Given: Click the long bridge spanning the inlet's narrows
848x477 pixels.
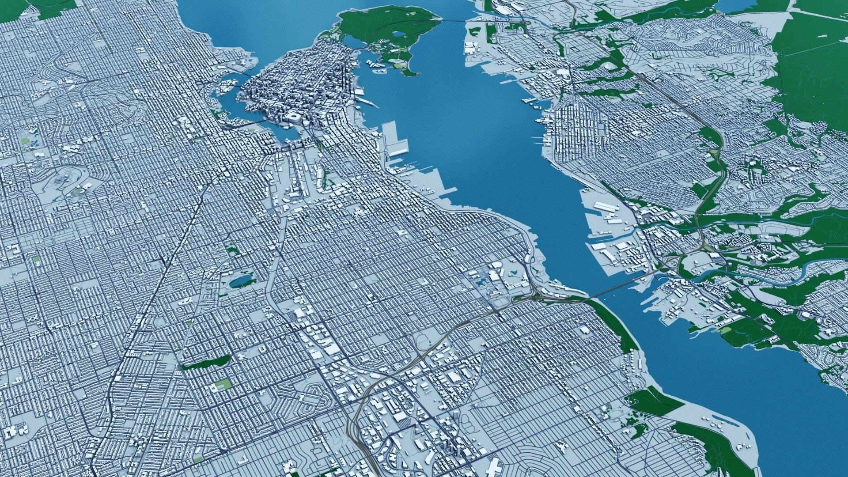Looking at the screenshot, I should (618, 287).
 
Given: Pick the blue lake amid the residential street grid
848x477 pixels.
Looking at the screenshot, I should (239, 281).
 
